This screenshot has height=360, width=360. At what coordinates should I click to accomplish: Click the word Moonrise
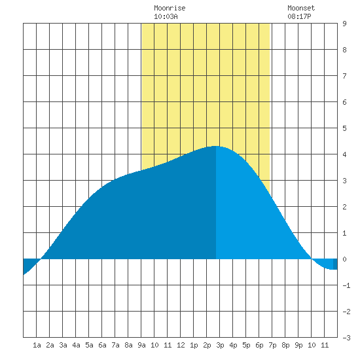[170, 8]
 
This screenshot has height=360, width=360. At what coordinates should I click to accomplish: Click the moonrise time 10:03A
[166, 16]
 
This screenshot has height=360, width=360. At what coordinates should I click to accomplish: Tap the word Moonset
[301, 8]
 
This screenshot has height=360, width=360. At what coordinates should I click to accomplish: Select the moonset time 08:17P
[299, 16]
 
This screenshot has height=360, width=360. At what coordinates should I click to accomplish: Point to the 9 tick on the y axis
[344, 24]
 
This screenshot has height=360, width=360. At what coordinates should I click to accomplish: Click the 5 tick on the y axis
[344, 128]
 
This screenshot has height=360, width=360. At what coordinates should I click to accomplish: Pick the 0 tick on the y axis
[344, 259]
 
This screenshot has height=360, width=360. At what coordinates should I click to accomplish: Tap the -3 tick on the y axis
[346, 338]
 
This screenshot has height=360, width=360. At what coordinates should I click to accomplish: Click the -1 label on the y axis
[346, 285]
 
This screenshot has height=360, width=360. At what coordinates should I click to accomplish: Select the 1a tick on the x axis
[37, 345]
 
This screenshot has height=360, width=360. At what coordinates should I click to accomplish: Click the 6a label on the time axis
[102, 345]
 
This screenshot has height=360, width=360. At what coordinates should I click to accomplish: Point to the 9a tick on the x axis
[141, 345]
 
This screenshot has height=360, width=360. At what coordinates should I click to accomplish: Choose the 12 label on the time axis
[181, 345]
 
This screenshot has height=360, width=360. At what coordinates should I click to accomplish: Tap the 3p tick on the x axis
[220, 345]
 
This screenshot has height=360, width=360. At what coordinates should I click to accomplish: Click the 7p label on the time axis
[272, 345]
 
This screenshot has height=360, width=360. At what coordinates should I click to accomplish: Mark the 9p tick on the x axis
[298, 345]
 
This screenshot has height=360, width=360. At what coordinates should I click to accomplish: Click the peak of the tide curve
[215, 146]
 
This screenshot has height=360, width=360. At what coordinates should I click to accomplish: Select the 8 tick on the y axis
[344, 50]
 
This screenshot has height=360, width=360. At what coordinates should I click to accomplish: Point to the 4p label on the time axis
[233, 345]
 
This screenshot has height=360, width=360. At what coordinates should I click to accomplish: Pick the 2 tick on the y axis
[344, 207]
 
